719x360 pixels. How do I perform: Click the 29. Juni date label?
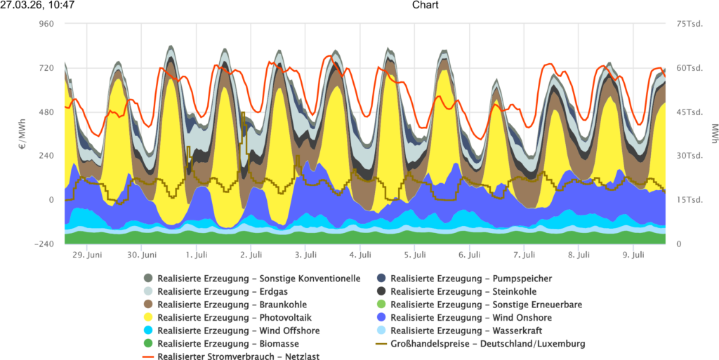point(88,255)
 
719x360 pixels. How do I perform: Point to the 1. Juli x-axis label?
point(197,255)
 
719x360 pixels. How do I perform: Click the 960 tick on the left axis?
point(46,24)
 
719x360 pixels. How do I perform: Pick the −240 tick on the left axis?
point(44,244)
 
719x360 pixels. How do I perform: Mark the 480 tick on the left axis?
point(46,112)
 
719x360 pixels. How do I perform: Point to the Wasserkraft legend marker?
point(381,331)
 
